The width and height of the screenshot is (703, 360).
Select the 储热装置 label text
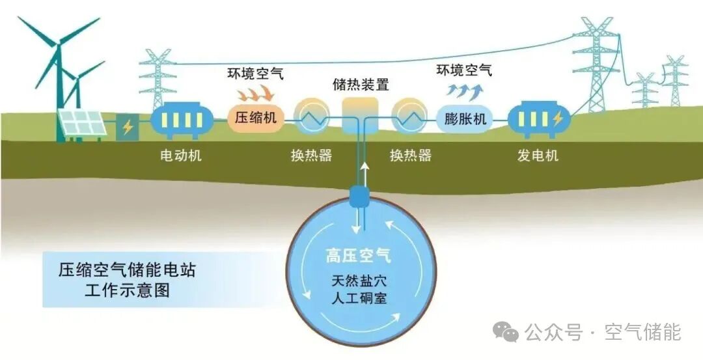click(x=361, y=85)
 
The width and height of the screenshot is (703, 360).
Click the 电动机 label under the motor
click(x=181, y=156)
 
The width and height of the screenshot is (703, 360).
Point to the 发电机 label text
click(x=538, y=156)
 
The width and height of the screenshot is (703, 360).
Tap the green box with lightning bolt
click(x=128, y=127)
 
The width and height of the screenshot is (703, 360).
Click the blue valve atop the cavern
click(x=359, y=195)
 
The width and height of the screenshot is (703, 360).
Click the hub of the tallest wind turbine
click(x=59, y=43)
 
